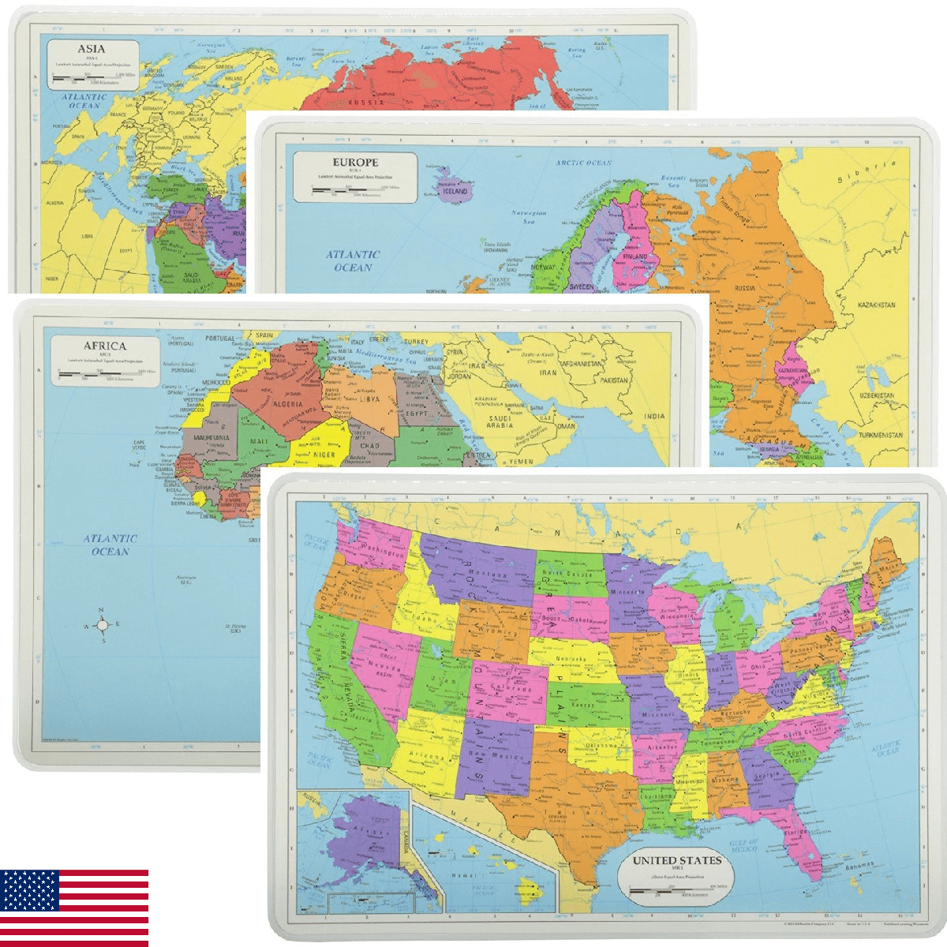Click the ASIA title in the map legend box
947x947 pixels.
coord(91,49)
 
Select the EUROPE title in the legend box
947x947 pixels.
coord(354,163)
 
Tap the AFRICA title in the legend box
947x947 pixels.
coord(105,346)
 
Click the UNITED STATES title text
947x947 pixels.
coord(677,859)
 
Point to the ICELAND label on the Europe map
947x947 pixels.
coord(455,191)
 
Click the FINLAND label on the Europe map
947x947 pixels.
coord(635,256)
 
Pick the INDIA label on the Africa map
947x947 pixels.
coord(653,416)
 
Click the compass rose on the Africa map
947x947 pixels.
coord(102,625)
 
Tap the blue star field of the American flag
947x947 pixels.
coord(29,890)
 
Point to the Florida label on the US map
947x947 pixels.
coord(795,832)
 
